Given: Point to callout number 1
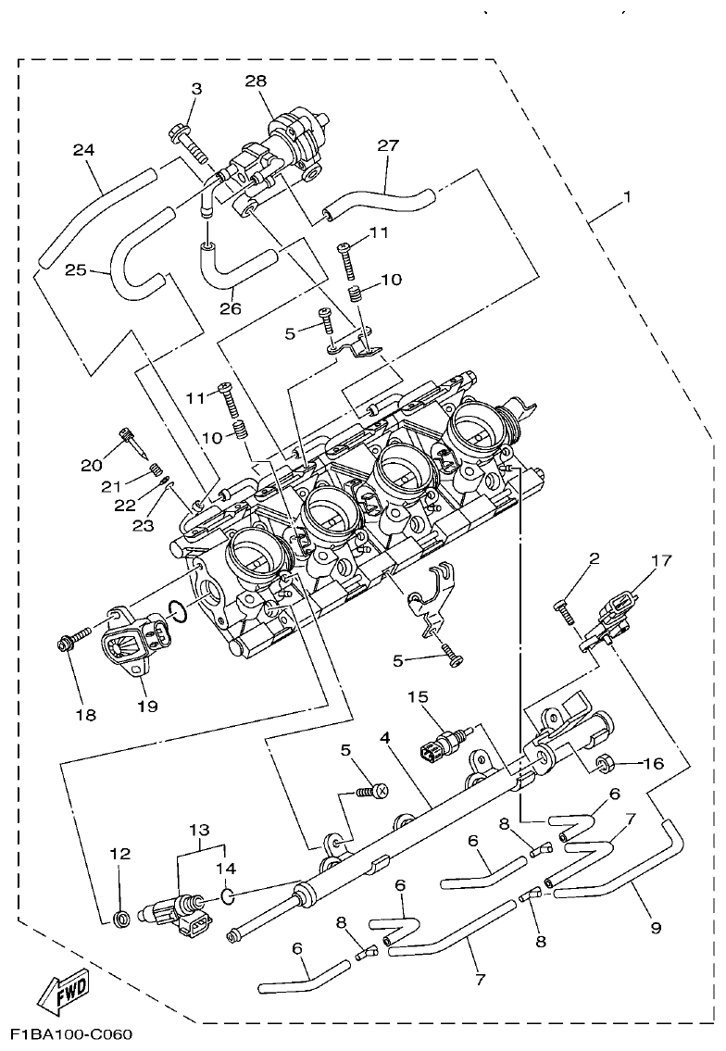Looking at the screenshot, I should pyautogui.click(x=627, y=196).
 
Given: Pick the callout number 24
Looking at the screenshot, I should pyautogui.click(x=84, y=149).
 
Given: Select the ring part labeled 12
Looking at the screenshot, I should pyautogui.click(x=119, y=919).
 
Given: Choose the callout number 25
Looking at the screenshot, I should pyautogui.click(x=76, y=270).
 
